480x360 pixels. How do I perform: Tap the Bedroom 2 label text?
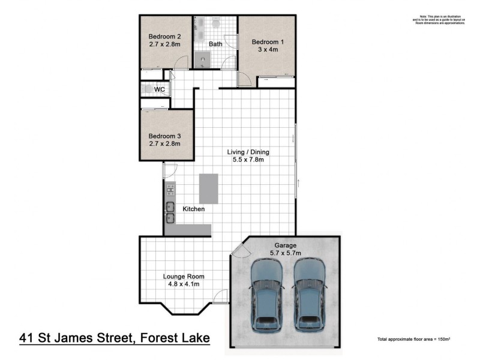tap(165, 35)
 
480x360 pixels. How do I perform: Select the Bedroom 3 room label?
tap(165, 136)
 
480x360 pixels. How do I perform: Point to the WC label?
tap(160, 89)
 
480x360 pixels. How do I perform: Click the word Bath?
tap(215, 44)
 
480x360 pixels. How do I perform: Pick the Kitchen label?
tap(194, 209)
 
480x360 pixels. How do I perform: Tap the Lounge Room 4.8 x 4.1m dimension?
tap(181, 284)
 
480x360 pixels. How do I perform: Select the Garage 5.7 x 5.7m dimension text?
tap(285, 254)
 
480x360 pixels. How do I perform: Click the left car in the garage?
tap(266, 295)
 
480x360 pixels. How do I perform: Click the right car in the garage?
tap(310, 295)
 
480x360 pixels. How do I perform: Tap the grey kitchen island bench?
tap(209, 188)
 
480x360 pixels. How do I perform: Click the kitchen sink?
tap(170, 213)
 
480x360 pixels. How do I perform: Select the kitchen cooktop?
tap(170, 190)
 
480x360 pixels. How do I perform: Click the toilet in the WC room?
tap(146, 89)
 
